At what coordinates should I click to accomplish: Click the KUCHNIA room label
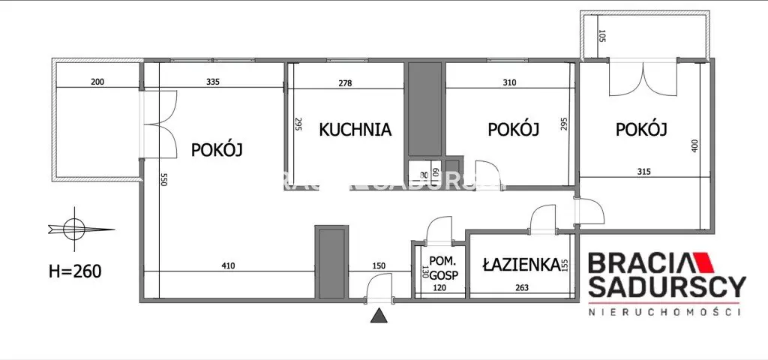click(355, 129)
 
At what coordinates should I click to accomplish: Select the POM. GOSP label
click(439, 269)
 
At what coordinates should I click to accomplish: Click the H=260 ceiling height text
click(68, 270)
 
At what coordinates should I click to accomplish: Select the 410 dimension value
click(228, 265)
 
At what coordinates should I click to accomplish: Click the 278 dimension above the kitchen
click(345, 82)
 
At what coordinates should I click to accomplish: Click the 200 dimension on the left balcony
click(97, 82)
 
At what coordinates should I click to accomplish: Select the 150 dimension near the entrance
click(379, 265)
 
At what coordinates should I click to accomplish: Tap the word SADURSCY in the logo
click(667, 286)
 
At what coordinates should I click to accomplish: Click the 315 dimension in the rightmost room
click(643, 171)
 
